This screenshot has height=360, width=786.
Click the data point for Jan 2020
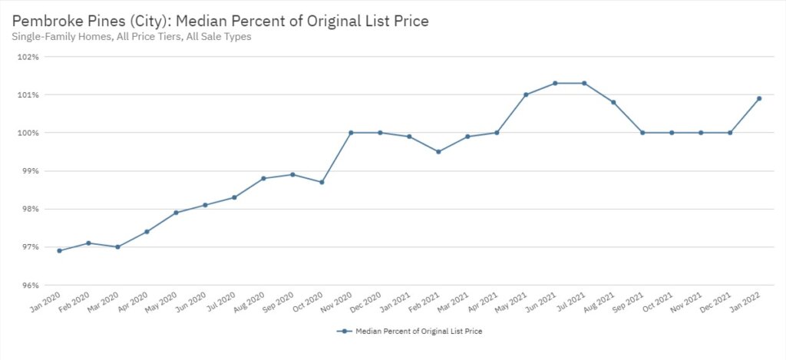[x=59, y=251]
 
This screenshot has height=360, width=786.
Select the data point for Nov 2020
[x=351, y=133]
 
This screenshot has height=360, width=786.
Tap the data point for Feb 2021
[x=438, y=152]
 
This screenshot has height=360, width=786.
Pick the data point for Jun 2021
[x=555, y=83]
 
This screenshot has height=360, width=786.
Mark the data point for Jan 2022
[x=759, y=98]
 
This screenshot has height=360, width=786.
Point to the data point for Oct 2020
[x=322, y=182]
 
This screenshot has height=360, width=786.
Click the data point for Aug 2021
[x=613, y=102]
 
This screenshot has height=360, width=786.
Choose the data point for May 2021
[x=526, y=94]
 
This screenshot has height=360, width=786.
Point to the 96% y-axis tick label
[x=28, y=286]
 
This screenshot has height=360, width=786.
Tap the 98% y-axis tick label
[x=28, y=209]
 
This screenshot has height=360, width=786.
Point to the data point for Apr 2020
[x=147, y=232]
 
